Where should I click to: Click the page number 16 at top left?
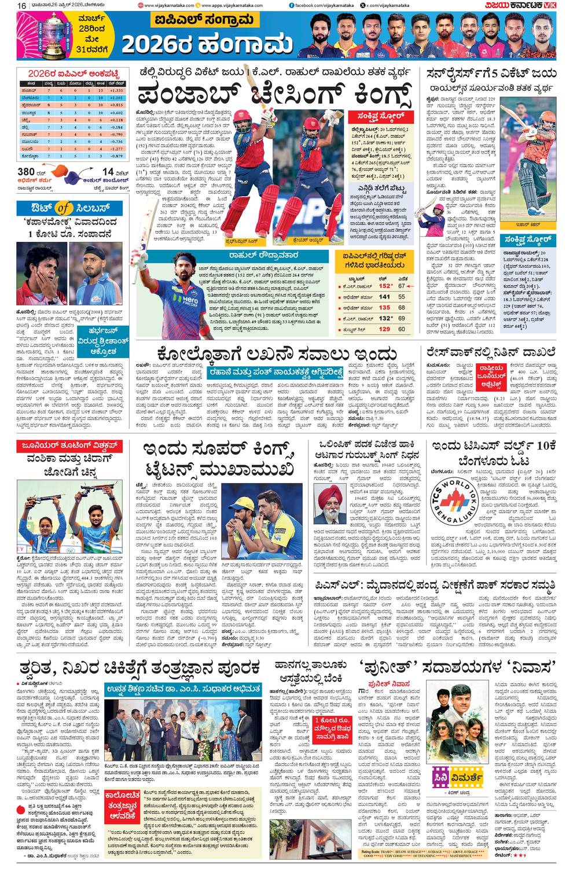(21, 5)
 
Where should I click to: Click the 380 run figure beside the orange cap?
(27, 172)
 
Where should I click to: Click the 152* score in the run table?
(385, 286)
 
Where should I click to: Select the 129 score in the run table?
(384, 329)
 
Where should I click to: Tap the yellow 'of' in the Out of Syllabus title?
(64, 208)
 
